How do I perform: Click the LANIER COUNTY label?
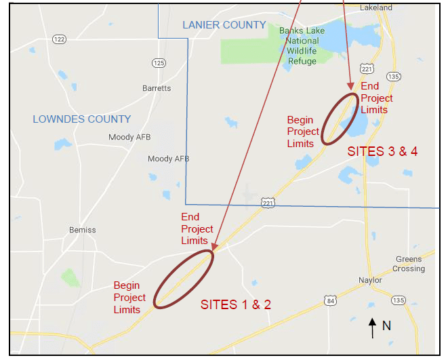224,25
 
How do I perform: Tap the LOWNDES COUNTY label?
81,119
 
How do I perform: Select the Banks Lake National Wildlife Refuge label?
302,45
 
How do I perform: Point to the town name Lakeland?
376,7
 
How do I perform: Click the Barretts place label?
157,89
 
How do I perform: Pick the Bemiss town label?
83,230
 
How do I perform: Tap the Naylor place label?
370,280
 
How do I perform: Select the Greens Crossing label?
409,264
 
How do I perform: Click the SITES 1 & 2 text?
235,305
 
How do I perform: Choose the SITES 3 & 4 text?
382,151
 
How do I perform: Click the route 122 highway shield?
60,39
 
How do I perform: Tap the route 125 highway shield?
159,63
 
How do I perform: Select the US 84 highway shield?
330,300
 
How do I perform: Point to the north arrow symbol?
372,327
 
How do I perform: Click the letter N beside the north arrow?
386,325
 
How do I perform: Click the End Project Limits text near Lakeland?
375,98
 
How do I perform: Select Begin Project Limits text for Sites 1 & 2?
129,298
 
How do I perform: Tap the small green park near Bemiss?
70,277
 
